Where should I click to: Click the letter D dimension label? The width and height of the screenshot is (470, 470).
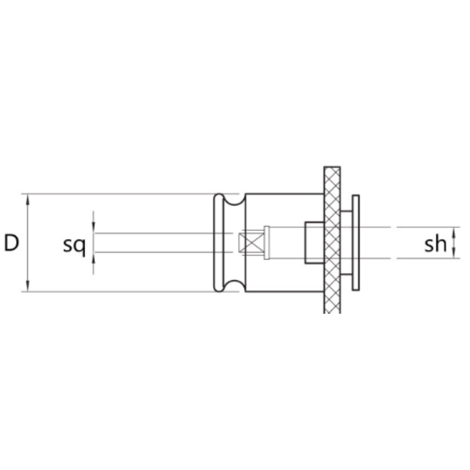[11, 242]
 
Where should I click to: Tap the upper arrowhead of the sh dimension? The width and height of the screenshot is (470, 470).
[455, 231]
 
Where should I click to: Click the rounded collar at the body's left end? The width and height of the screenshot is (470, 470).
[218, 242]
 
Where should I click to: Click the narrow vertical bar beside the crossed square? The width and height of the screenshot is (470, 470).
[267, 242]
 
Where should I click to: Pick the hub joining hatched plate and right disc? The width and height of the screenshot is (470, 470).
[346, 242]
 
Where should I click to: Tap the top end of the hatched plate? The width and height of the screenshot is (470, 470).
[332, 169]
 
